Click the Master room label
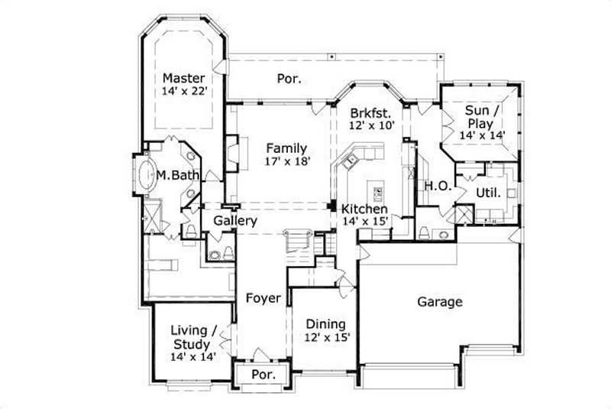tap(184, 78)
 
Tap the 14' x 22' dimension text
tap(184, 92)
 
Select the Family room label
tap(286, 148)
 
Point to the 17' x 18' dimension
tap(286, 162)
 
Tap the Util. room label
tap(488, 193)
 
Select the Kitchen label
tap(364, 209)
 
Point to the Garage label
tap(439, 302)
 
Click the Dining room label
tap(325, 323)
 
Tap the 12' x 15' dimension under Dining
tap(325, 337)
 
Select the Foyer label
tap(263, 298)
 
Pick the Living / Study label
tap(193, 337)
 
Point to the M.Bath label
tap(178, 176)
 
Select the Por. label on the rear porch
tap(289, 78)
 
